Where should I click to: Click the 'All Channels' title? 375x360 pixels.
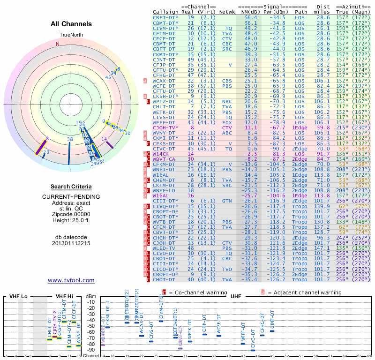pyautogui.click(x=71, y=24)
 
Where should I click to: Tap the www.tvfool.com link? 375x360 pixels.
pyautogui.click(x=71, y=280)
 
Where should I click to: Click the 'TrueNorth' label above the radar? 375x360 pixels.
pyautogui.click(x=71, y=36)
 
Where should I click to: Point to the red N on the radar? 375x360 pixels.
pyautogui.click(x=58, y=44)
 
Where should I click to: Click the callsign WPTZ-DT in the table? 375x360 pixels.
pyautogui.click(x=164, y=101)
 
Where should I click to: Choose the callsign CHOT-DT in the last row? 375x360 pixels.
pyautogui.click(x=164, y=279)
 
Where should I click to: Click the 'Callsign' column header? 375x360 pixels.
pyautogui.click(x=165, y=12)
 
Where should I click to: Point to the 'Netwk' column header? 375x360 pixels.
pyautogui.click(x=227, y=12)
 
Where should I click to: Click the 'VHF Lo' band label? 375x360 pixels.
pyautogui.click(x=18, y=296)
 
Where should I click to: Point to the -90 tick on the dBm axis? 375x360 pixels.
pyautogui.click(x=90, y=350)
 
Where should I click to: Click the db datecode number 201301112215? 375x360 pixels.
pyautogui.click(x=71, y=243)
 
